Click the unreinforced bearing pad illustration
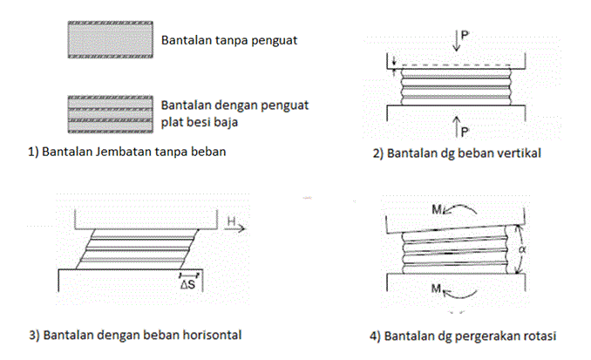click(111, 39)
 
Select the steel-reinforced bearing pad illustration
click(111, 114)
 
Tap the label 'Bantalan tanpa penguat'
click(229, 40)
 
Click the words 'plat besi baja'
click(200, 122)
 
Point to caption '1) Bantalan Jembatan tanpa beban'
click(127, 152)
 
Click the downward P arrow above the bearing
click(457, 41)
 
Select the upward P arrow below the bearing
click(457, 126)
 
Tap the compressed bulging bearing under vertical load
click(456, 86)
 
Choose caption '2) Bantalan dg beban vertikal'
click(457, 153)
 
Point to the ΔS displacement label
click(187, 284)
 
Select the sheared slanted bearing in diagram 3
click(138, 249)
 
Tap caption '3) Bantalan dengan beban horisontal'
click(135, 335)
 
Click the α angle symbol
click(522, 249)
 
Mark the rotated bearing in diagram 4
click(456, 250)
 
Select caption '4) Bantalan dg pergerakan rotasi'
click(463, 336)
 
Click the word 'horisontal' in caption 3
click(212, 335)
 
